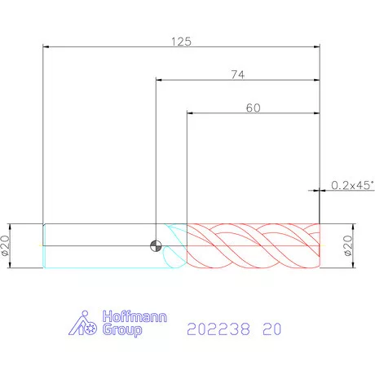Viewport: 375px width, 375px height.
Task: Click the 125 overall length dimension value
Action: click(x=181, y=42)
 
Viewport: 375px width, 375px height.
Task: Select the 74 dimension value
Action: click(x=238, y=74)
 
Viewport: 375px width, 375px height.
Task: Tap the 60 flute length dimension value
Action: click(x=253, y=108)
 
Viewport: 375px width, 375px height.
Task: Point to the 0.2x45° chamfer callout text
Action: click(x=352, y=185)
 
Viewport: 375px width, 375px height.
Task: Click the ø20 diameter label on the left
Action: click(x=6, y=245)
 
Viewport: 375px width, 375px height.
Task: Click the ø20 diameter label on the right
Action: click(x=348, y=245)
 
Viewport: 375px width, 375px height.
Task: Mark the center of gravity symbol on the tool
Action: click(x=156, y=246)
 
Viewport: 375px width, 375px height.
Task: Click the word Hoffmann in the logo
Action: click(x=135, y=316)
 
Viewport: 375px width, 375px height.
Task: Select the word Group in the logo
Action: click(x=122, y=329)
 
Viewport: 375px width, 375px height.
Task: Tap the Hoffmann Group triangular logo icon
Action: click(x=82, y=323)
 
